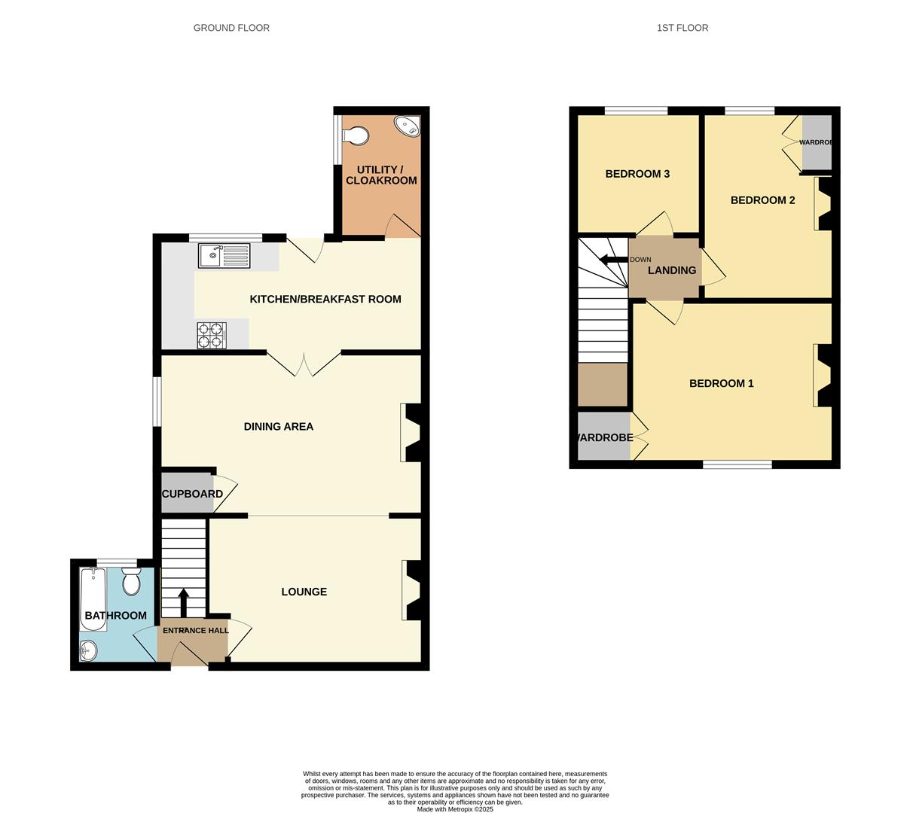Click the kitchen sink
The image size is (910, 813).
tap(224, 256)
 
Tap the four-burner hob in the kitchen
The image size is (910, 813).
tap(212, 335)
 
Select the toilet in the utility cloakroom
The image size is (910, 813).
tap(356, 136)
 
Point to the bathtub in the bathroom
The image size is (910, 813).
tap(93, 598)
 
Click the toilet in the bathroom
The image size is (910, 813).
tap(131, 581)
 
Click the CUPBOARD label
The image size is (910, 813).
tap(192, 494)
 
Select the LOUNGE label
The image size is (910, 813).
tap(304, 592)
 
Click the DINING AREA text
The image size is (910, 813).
tap(278, 426)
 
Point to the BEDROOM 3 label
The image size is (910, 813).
tap(637, 174)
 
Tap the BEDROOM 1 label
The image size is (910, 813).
tap(721, 383)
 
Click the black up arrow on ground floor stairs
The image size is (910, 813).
tap(183, 603)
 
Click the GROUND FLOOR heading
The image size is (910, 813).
tap(231, 28)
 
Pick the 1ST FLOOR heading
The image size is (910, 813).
tap(682, 28)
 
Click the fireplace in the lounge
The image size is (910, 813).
tap(413, 590)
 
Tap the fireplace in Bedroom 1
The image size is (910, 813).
tap(823, 376)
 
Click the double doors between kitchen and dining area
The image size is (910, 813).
tap(304, 365)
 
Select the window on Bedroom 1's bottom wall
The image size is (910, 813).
tap(737, 464)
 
